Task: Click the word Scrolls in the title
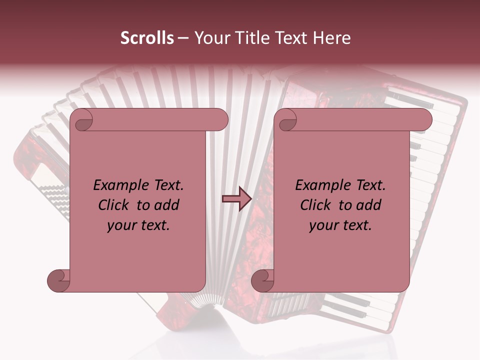coord(147,38)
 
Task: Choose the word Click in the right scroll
coord(315,205)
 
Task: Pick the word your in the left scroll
coord(122,225)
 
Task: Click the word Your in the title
coord(209,38)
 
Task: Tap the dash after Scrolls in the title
coord(183,38)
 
